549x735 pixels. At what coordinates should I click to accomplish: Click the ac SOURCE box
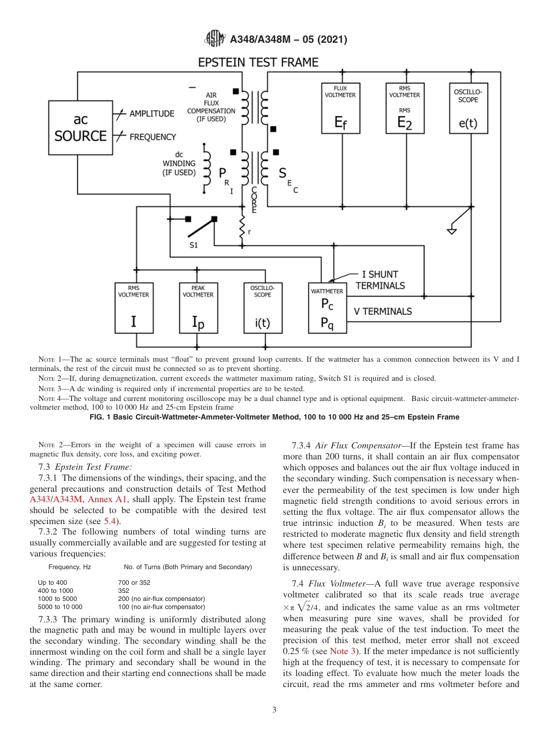tap(80, 128)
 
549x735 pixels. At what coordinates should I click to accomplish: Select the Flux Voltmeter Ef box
tap(340, 109)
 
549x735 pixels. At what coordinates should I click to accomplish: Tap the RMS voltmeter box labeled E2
tap(405, 109)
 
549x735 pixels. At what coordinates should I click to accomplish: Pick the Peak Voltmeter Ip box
tap(198, 308)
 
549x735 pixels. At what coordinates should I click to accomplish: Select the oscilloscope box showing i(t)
tap(262, 308)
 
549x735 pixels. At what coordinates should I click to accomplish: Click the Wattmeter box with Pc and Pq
tap(327, 308)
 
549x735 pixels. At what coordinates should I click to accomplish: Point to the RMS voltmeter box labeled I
tap(133, 308)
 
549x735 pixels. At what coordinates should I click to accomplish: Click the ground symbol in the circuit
tap(452, 231)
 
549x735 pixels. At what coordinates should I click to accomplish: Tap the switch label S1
tap(194, 245)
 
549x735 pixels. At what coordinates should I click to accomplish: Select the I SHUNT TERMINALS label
tap(380, 280)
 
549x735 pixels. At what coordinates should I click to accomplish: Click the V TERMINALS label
tap(383, 311)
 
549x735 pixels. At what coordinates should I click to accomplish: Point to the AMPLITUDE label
tap(151, 114)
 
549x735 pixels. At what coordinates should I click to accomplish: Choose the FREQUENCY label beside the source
tap(153, 137)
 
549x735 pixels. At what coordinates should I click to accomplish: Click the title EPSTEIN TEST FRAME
tap(258, 62)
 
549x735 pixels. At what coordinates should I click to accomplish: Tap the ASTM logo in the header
tap(214, 40)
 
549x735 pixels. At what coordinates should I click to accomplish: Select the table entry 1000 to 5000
tap(57, 599)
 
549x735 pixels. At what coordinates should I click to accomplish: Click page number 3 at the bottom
tap(274, 710)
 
